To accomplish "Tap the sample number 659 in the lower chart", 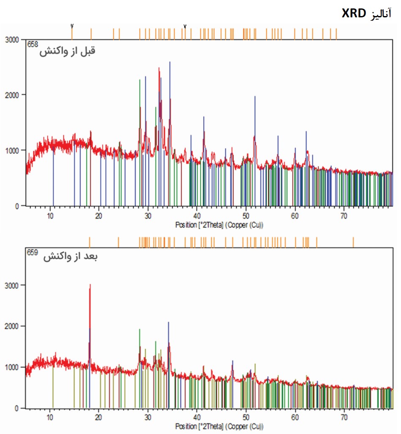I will tap(33, 253).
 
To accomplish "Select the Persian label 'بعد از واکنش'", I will tap(70, 257).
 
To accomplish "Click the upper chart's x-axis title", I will tap(219, 225).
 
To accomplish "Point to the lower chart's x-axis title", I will tap(219, 427).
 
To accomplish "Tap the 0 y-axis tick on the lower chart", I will tap(17, 409).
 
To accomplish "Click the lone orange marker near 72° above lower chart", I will tap(353, 242).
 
